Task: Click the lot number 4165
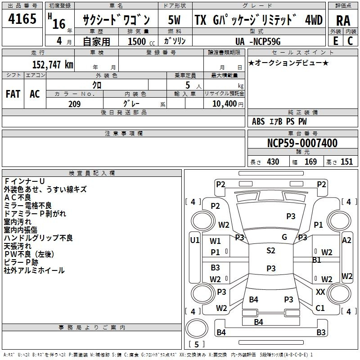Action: tap(22, 18)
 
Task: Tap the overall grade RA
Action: tap(343, 21)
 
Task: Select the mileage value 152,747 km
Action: tap(53, 65)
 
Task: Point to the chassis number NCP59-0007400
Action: tap(302, 143)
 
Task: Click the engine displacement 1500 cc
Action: tap(141, 41)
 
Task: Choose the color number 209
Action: tap(74, 104)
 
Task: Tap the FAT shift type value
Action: tap(13, 94)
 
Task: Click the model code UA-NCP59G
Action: tap(258, 41)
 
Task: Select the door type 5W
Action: tap(175, 20)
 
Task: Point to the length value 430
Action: tap(273, 162)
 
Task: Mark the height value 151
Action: tap(346, 162)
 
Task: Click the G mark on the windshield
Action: tap(284, 237)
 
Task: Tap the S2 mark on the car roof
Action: tap(271, 251)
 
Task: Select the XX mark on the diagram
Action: tap(320, 292)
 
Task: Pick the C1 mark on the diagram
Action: tap(320, 308)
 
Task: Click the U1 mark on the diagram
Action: tap(195, 240)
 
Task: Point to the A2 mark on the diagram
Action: tap(346, 240)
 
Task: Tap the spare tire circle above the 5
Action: tap(197, 329)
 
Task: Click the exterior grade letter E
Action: tap(336, 41)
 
